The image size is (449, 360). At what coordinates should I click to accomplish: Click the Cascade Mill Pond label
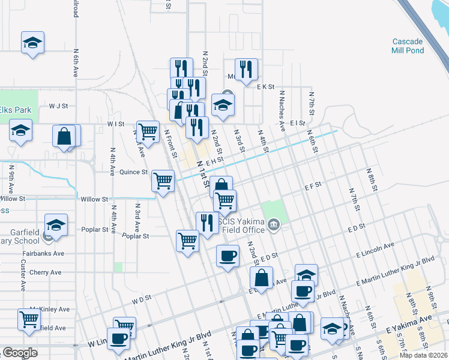(x=408, y=46)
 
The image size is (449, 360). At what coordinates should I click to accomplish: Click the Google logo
(x=20, y=353)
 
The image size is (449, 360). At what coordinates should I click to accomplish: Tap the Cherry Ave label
(x=46, y=272)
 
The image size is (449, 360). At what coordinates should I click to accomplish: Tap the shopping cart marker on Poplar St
(x=187, y=241)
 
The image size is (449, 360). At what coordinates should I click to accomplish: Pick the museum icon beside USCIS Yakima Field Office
(x=274, y=226)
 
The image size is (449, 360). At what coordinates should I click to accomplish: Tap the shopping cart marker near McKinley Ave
(x=29, y=319)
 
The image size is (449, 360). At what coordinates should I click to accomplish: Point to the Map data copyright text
(x=423, y=355)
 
